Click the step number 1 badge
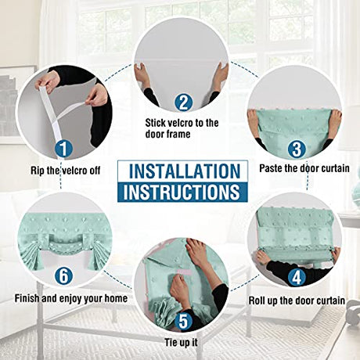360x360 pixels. click(x=63, y=149)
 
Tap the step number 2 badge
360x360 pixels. click(x=183, y=103)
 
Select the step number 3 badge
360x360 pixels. click(x=297, y=149)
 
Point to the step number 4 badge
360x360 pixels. click(x=297, y=277)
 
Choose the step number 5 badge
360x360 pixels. click(x=183, y=321)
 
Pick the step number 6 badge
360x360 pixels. click(x=63, y=275)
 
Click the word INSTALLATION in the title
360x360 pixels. click(x=185, y=171)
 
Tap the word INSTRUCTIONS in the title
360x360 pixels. click(x=182, y=192)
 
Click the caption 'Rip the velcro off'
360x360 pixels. click(x=66, y=171)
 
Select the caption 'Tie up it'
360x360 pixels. click(x=181, y=342)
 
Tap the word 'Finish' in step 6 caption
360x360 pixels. click(x=27, y=298)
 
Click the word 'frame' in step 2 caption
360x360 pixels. click(x=178, y=134)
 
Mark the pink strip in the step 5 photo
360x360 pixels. click(x=185, y=272)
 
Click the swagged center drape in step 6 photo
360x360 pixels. click(x=65, y=245)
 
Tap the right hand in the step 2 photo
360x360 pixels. click(x=221, y=74)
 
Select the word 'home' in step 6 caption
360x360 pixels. click(x=116, y=298)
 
